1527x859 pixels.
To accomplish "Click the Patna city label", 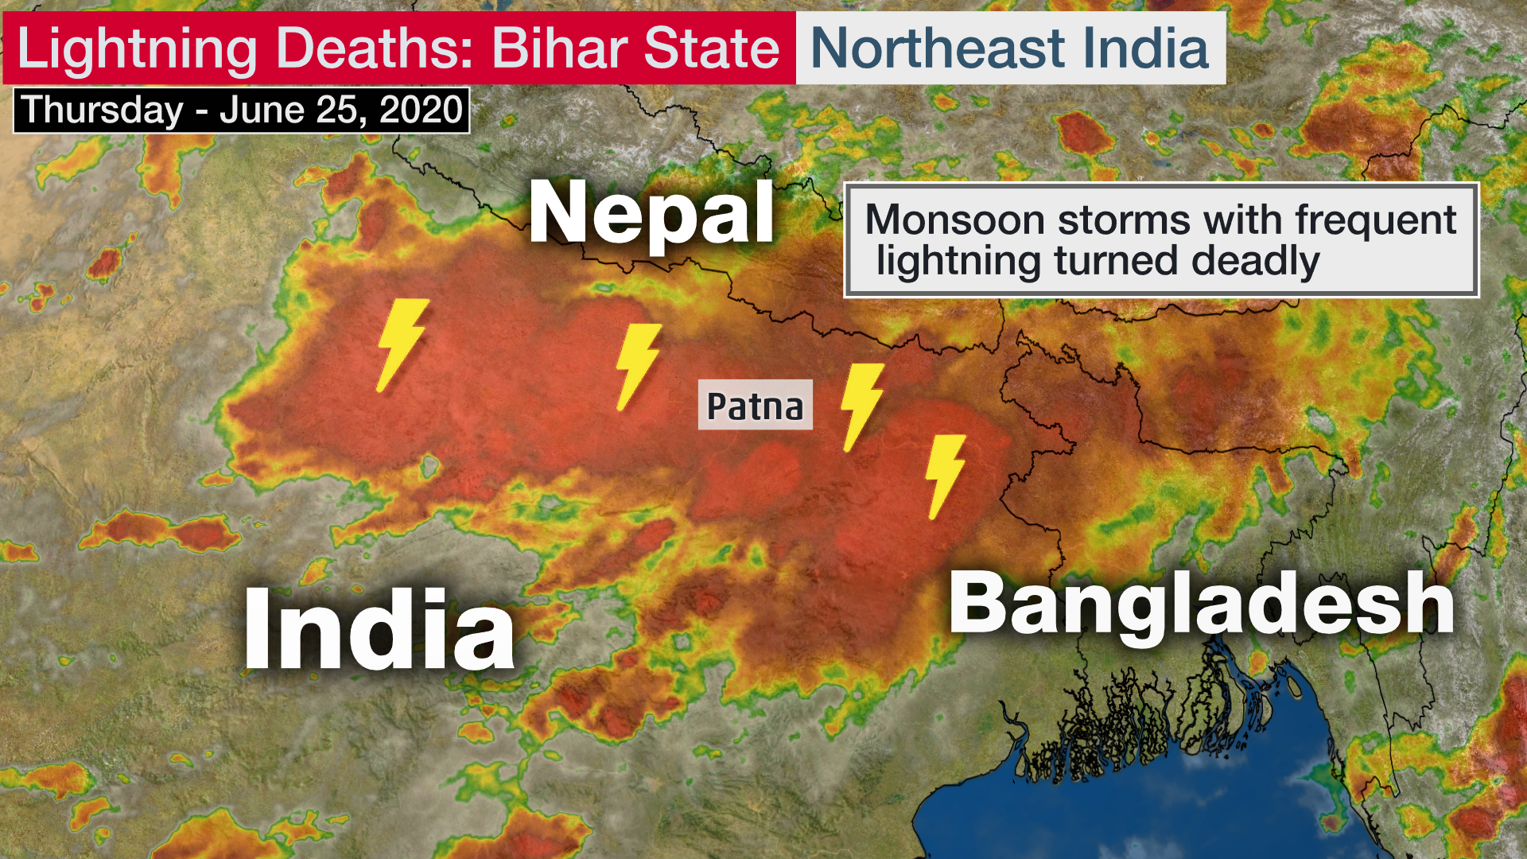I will point(755,406).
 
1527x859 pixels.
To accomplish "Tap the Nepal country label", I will point(651,213).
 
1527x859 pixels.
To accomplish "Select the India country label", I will point(379,631).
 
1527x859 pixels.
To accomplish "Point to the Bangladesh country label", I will point(1201,604).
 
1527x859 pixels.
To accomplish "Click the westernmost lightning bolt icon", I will point(402,344).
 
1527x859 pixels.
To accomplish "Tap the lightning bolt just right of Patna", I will point(861,406).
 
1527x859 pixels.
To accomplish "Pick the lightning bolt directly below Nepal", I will point(638,366).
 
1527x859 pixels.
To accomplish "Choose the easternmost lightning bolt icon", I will point(945,476).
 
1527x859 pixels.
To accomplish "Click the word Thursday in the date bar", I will point(103,110).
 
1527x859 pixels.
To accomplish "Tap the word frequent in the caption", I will point(1376,220).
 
